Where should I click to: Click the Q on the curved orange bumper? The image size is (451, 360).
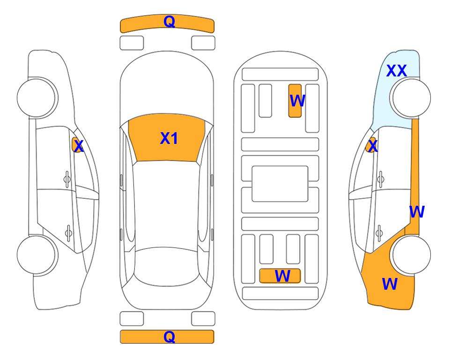(x=169, y=22)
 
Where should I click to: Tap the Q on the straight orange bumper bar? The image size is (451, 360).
(x=169, y=337)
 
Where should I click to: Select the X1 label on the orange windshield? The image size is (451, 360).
(x=169, y=138)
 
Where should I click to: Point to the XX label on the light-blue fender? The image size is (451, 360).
(x=396, y=71)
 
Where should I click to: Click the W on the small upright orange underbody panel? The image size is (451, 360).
(x=297, y=101)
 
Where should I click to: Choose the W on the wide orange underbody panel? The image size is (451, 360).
(x=282, y=276)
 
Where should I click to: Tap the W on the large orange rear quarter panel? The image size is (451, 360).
(x=390, y=284)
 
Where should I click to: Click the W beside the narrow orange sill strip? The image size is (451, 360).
(x=417, y=212)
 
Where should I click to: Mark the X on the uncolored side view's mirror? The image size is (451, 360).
(x=79, y=146)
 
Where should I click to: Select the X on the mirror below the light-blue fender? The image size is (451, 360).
(x=373, y=145)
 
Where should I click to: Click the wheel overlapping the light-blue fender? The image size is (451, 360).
(x=410, y=97)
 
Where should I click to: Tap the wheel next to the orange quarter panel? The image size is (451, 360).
(x=410, y=255)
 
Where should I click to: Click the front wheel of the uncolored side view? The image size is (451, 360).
(x=37, y=97)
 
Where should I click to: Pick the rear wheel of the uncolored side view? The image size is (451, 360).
(x=37, y=255)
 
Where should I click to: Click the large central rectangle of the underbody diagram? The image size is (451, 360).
(x=280, y=184)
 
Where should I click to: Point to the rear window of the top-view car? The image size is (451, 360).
(x=167, y=267)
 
